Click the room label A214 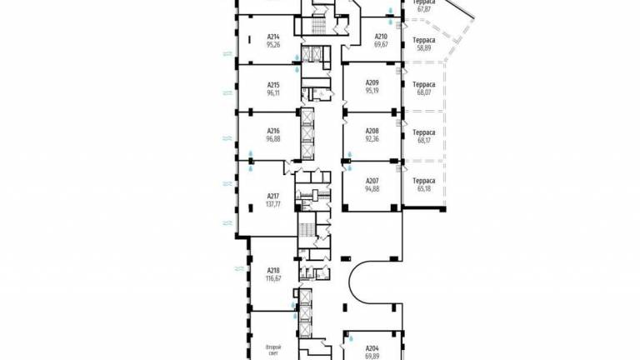(x=273, y=37)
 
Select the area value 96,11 (x=273, y=93)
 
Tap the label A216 (x=273, y=131)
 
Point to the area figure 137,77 (x=273, y=204)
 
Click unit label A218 (x=273, y=270)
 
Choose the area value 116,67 (x=273, y=278)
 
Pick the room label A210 (x=381, y=37)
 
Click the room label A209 (x=372, y=82)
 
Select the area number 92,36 (x=372, y=139)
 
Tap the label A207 (x=372, y=180)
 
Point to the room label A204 (x=372, y=348)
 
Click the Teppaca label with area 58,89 (x=423, y=40)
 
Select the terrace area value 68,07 (x=423, y=92)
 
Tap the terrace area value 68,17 (x=423, y=140)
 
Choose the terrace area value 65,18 (x=423, y=188)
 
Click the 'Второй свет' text (x=273, y=351)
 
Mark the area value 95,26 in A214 (x=273, y=45)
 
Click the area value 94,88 (x=372, y=188)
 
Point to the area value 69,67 (x=381, y=45)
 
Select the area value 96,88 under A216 (x=273, y=139)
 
